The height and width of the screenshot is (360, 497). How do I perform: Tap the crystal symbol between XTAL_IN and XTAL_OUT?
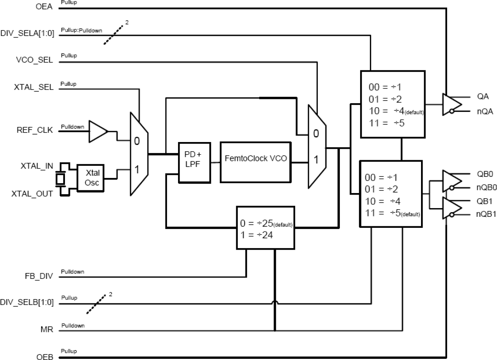pyautogui.click(x=60, y=179)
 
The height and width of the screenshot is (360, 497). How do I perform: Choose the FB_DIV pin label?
pyautogui.click(x=41, y=277)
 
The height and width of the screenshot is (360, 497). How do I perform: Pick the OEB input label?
pyautogui.click(x=44, y=357)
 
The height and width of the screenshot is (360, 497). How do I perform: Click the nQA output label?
pyautogui.click(x=485, y=112)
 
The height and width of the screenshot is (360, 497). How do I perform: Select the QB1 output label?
pyautogui.click(x=484, y=200)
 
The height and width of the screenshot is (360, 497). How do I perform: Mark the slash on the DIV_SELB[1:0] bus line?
pyautogui.click(x=97, y=304)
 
